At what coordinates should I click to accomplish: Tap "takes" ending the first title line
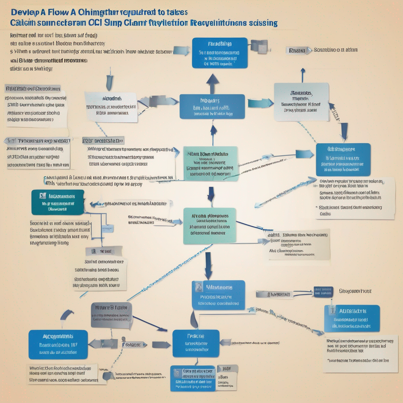[176, 12]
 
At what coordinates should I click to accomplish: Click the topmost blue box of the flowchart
[220, 53]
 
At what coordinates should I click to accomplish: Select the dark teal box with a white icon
[58, 202]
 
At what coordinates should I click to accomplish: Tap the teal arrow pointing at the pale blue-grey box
[260, 103]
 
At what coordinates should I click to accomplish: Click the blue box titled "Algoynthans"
[58, 344]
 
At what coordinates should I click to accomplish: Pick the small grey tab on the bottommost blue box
[228, 369]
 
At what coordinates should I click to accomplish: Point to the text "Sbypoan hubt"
[355, 292]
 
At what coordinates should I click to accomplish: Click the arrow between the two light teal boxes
[211, 195]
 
